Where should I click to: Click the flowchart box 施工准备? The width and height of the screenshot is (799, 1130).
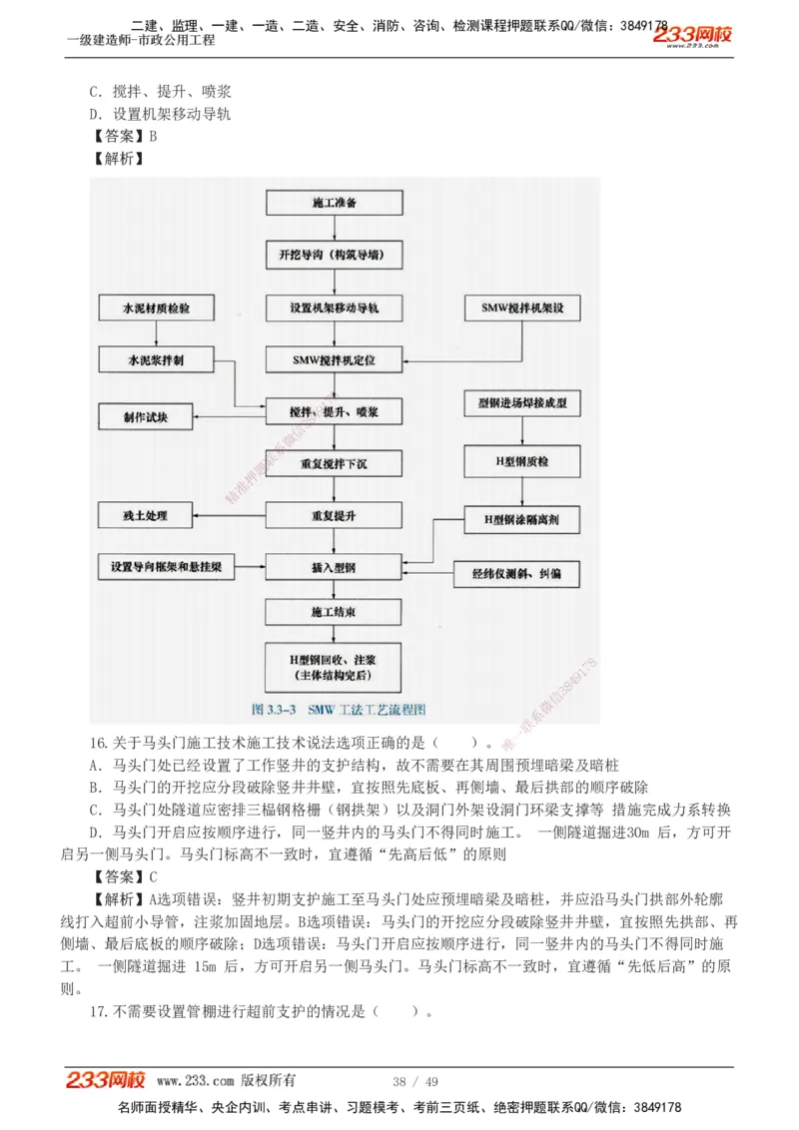point(334,203)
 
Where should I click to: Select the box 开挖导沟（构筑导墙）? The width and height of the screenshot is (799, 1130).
point(334,256)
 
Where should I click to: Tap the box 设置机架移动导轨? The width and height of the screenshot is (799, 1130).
point(334,307)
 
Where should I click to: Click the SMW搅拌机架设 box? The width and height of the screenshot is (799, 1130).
point(522,307)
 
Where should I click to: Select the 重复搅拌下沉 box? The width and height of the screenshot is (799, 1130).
point(334,463)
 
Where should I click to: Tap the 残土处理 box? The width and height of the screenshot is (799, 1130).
point(146,516)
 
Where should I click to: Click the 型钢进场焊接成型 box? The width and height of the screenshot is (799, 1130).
point(522,403)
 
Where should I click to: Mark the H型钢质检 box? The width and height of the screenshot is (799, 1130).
point(522,461)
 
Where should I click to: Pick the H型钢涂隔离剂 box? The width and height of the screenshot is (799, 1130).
point(522,519)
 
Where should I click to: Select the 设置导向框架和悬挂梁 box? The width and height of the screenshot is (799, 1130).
point(166,567)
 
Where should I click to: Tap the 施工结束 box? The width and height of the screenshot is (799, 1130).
point(334,612)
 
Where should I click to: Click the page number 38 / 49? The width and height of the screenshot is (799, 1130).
point(415,1081)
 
